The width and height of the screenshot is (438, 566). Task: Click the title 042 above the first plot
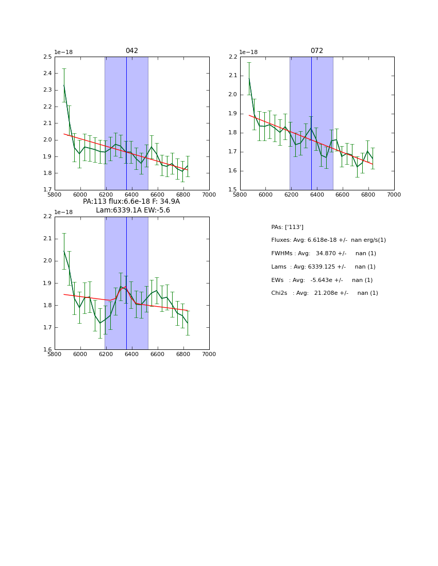(132, 51)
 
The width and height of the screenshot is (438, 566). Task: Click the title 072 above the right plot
(316, 51)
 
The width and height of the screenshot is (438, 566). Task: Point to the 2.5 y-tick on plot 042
(47, 57)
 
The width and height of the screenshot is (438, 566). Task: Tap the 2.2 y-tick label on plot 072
(232, 57)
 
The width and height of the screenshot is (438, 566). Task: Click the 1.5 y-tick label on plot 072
(232, 190)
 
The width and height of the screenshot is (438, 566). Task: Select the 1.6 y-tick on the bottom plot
(47, 350)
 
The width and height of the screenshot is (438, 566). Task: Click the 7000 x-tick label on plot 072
(394, 194)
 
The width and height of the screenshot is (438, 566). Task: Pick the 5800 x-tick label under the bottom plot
(55, 355)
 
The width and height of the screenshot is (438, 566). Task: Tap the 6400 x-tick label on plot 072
(316, 194)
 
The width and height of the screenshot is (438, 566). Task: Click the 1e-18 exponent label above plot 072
(248, 52)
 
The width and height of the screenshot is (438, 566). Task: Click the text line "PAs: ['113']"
(287, 227)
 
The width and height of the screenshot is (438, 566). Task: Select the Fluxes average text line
(328, 240)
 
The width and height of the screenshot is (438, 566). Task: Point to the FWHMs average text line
(324, 254)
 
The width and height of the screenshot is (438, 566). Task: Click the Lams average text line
(323, 267)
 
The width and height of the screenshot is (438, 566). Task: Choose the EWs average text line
(322, 280)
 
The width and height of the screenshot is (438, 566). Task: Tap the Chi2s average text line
(325, 293)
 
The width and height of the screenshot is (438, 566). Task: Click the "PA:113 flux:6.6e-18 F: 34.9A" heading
(131, 202)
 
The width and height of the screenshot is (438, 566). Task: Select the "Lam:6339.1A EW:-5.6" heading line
(132, 210)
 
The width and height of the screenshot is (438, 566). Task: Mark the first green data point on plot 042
(64, 85)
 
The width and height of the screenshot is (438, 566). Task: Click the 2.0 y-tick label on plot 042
(47, 140)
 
